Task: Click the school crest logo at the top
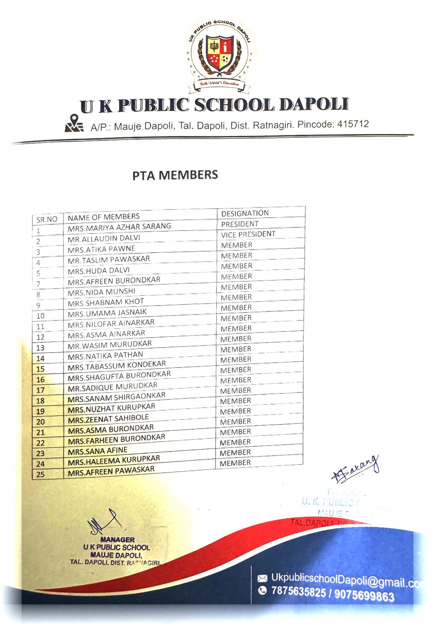click(220, 55)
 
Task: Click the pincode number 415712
click(353, 124)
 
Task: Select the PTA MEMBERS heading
click(175, 175)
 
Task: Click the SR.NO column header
click(47, 219)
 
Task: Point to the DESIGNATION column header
click(245, 213)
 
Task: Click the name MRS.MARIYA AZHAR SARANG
click(119, 227)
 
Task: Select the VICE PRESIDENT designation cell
click(248, 234)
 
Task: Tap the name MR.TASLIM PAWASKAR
click(109, 259)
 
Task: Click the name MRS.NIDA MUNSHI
click(101, 292)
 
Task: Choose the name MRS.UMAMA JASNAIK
click(107, 313)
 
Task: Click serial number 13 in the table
click(40, 348)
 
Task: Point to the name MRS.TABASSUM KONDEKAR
click(117, 365)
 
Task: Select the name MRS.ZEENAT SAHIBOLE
click(108, 419)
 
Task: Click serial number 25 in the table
click(40, 475)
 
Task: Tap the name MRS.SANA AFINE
click(97, 451)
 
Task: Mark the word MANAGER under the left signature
click(117, 540)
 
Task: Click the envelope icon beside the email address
click(262, 578)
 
